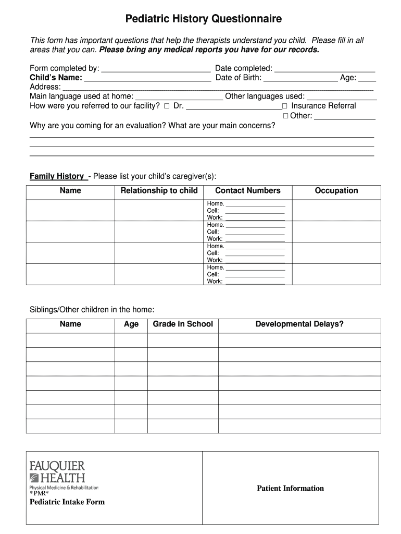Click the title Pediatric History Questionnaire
coord(204,19)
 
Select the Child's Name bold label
coord(56,78)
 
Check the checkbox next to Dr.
coord(167,106)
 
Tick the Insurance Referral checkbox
coord(285,106)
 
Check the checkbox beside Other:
coord(285,116)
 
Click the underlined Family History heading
coord(57,176)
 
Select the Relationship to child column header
coord(159,191)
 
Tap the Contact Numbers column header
coord(247,191)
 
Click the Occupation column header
coord(336,191)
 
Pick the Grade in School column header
coord(182,324)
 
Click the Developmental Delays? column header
coord(299,324)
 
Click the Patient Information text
coord(290,489)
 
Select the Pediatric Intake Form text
coord(67,502)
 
